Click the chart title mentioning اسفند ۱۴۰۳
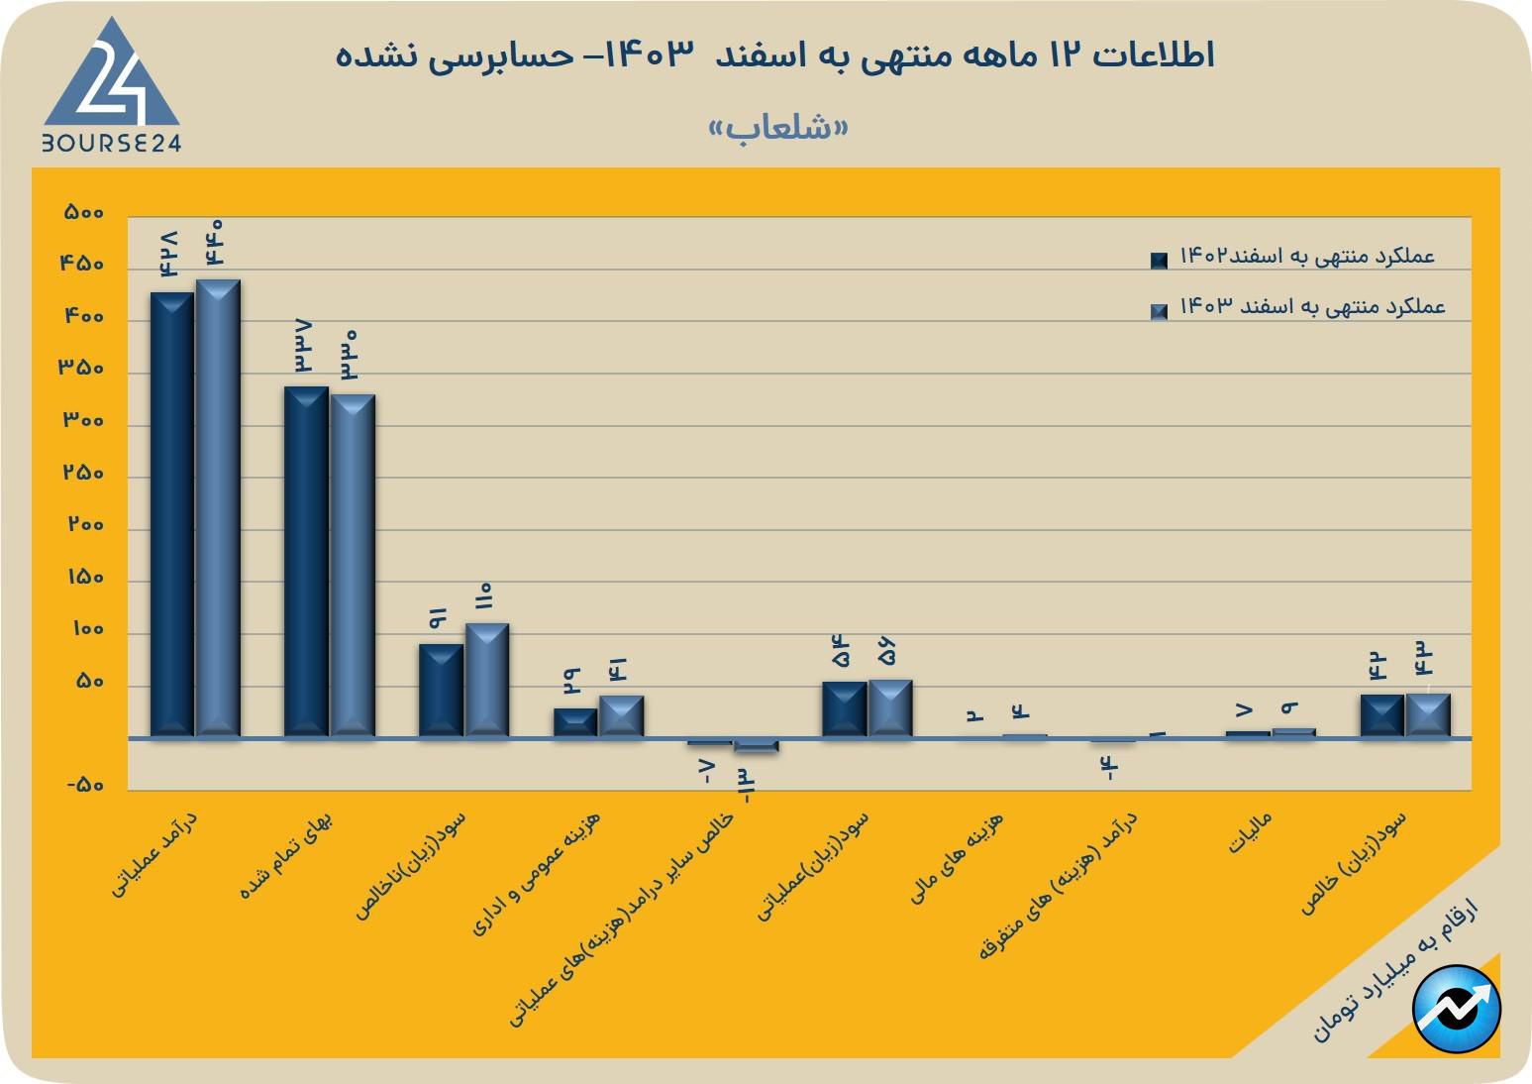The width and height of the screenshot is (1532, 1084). [x=775, y=54]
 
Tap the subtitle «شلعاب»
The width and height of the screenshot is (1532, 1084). [x=779, y=129]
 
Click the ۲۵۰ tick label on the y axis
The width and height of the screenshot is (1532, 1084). [x=84, y=474]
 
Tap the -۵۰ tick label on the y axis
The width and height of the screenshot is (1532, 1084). [x=86, y=786]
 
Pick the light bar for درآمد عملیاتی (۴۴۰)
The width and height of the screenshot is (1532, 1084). [x=218, y=507]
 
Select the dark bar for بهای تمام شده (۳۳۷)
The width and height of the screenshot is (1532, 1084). [x=306, y=561]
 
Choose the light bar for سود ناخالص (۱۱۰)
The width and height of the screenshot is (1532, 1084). [x=487, y=680]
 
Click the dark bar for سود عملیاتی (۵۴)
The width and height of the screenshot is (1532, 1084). [x=844, y=708]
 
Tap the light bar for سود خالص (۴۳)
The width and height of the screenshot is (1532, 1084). [x=1428, y=714]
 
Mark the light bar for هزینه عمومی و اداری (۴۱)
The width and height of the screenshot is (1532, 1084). [x=621, y=715]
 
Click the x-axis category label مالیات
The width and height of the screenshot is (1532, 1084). [x=1250, y=833]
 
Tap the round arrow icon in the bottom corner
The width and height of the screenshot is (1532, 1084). [x=1457, y=1008]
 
